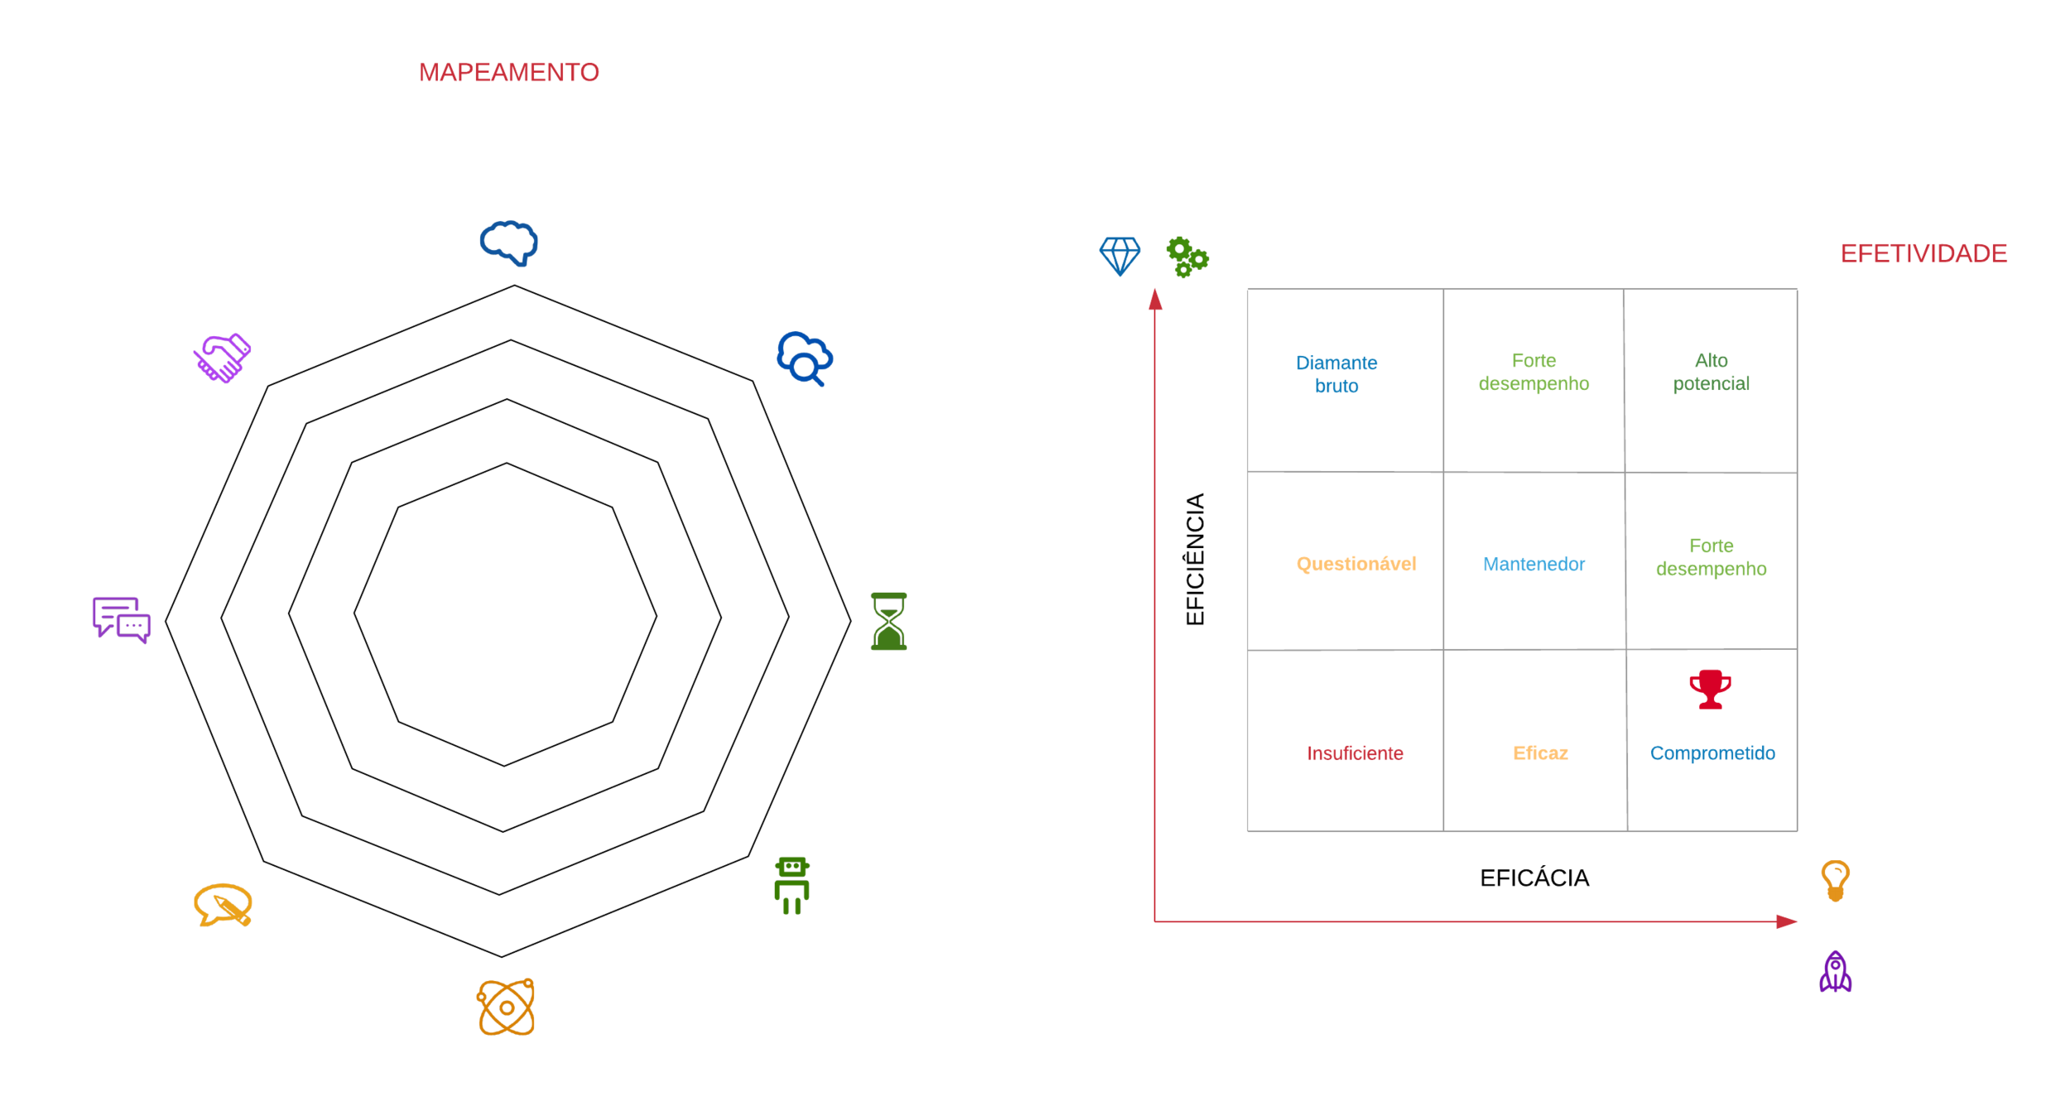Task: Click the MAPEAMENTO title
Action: [508, 73]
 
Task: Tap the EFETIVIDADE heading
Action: [1923, 253]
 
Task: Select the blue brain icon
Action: [509, 243]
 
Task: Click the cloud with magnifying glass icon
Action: [804, 358]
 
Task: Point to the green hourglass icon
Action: [888, 621]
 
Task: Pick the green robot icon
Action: [792, 885]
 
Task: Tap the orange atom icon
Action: [506, 1007]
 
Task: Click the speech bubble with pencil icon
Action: [223, 905]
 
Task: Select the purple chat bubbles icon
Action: [121, 619]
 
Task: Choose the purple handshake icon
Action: [222, 358]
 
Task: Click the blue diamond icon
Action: [1119, 256]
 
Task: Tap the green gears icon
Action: [1187, 257]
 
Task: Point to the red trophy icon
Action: [1710, 689]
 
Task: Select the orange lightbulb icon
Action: [1835, 880]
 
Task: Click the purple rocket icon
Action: [1835, 972]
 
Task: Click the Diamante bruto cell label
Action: [1336, 374]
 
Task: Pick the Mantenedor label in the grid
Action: [1533, 564]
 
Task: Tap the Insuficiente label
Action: [1355, 753]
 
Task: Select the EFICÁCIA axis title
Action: [1533, 878]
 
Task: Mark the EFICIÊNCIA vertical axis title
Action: [1195, 559]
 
